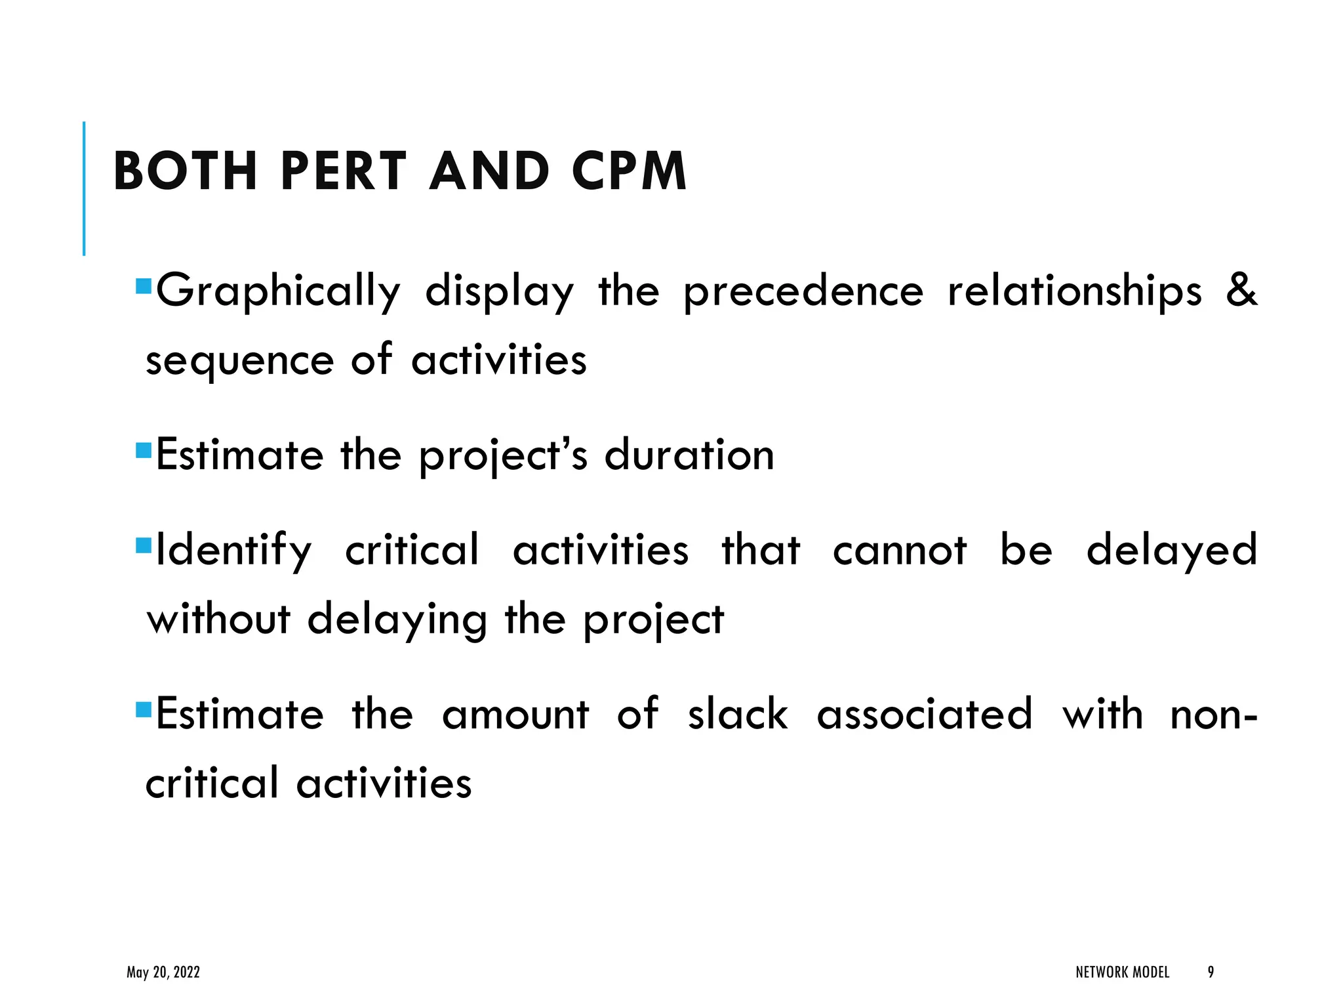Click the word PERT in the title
click(344, 171)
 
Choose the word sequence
click(239, 362)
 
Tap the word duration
click(689, 455)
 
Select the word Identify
click(233, 551)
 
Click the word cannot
click(900, 551)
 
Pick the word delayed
click(1172, 551)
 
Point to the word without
click(218, 619)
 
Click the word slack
click(738, 714)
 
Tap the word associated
click(925, 714)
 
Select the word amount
click(515, 714)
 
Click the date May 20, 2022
click(163, 972)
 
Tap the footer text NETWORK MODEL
click(1122, 972)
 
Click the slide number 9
click(1211, 972)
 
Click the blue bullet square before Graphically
click(143, 286)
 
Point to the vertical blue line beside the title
click(84, 188)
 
